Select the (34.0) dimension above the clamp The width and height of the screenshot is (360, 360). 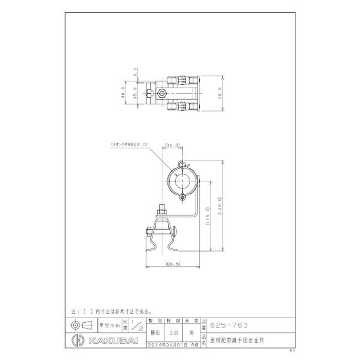click(x=172, y=145)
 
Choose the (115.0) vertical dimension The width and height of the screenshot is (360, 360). click(x=208, y=217)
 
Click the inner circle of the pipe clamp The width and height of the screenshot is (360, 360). click(x=182, y=180)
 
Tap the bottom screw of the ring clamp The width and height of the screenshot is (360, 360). click(x=182, y=197)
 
